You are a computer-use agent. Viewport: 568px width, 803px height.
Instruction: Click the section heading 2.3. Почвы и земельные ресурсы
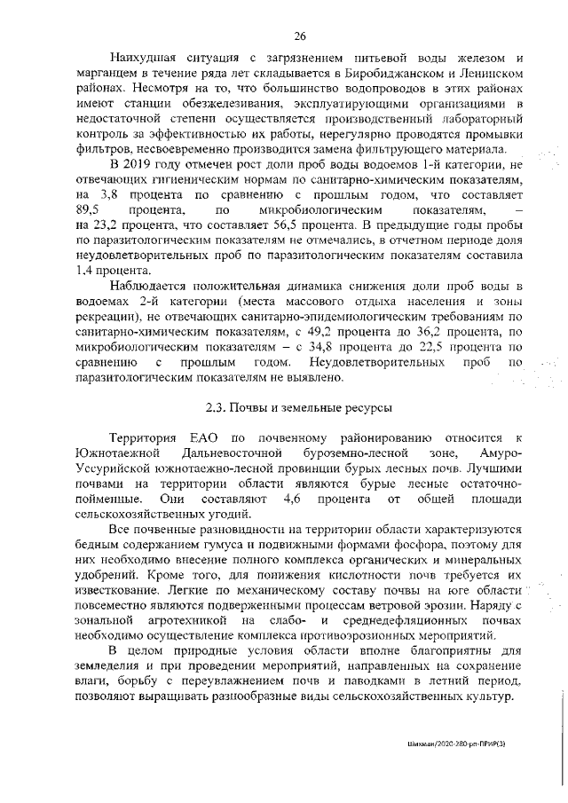[300, 407]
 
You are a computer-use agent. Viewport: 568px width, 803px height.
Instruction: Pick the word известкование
[122, 587]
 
